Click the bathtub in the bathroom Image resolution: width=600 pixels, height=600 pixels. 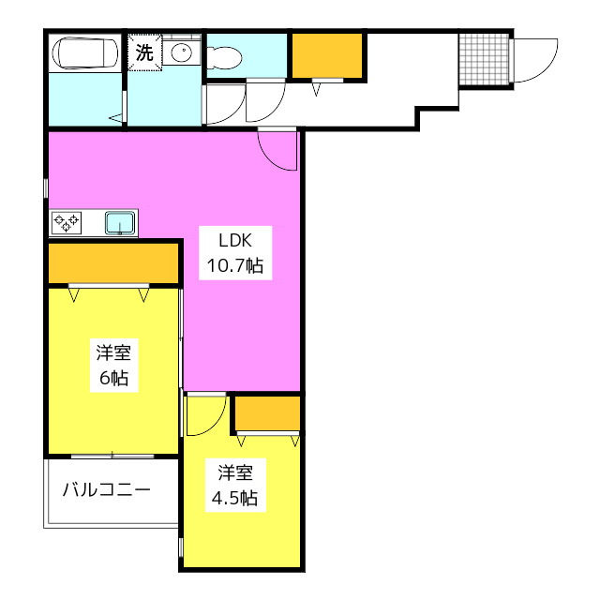point(85,52)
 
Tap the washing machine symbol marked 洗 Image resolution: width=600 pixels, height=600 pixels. point(143,52)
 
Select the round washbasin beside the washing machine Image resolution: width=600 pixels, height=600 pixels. point(181,52)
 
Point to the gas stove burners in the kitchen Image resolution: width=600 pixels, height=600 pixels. point(67,222)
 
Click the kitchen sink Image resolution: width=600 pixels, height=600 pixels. point(119,222)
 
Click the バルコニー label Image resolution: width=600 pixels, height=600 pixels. point(106,489)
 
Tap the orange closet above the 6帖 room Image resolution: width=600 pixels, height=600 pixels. point(112,263)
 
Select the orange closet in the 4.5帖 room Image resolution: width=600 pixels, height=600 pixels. point(267,412)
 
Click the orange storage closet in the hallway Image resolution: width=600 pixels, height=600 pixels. point(326,56)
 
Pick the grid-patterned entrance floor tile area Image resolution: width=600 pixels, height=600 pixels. point(485,59)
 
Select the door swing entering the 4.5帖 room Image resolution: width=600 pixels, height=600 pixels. point(203,415)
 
